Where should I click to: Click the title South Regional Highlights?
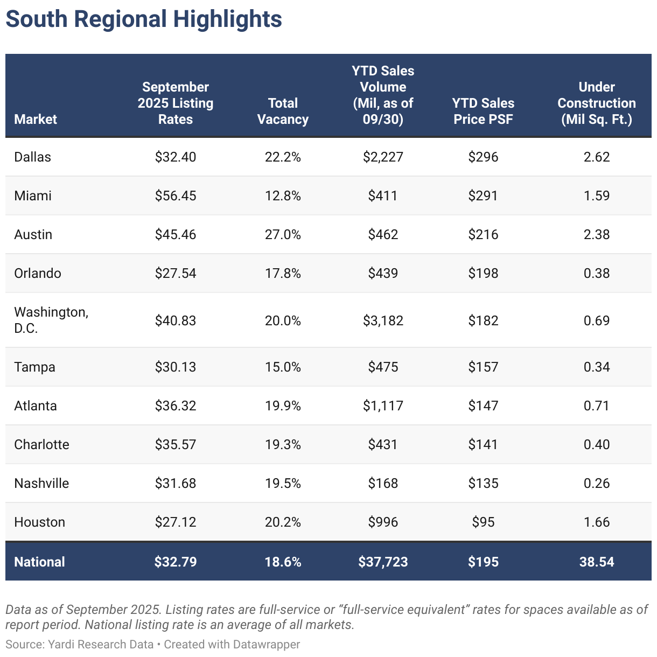pyautogui.click(x=144, y=19)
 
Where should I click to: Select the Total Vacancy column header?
pyautogui.click(x=283, y=111)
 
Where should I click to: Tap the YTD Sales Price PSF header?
pyautogui.click(x=483, y=111)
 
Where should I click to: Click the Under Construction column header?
pyautogui.click(x=597, y=103)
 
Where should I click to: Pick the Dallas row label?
pyautogui.click(x=33, y=157)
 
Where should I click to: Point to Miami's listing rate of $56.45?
pyautogui.click(x=176, y=195)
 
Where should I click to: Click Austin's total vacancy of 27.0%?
pyautogui.click(x=283, y=234)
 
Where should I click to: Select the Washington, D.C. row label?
pyautogui.click(x=51, y=320)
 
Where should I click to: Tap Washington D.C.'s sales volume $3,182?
pyautogui.click(x=383, y=320)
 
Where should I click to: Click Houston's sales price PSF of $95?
pyautogui.click(x=483, y=522)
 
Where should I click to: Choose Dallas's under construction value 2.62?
pyautogui.click(x=597, y=157)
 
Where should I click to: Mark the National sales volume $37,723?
pyautogui.click(x=383, y=562)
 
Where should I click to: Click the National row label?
pyautogui.click(x=39, y=562)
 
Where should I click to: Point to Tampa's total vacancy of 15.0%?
pyautogui.click(x=283, y=367)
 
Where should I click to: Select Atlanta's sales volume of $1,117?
pyautogui.click(x=383, y=406)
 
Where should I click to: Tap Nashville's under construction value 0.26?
pyautogui.click(x=597, y=483)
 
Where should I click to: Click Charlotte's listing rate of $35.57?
pyautogui.click(x=176, y=444)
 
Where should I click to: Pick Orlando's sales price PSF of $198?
pyautogui.click(x=483, y=273)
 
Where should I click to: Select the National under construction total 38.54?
pyautogui.click(x=597, y=562)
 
